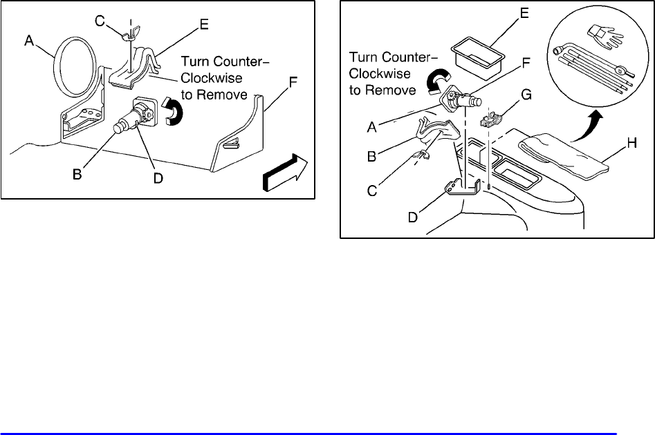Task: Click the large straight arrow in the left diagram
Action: pyautogui.click(x=284, y=174)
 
